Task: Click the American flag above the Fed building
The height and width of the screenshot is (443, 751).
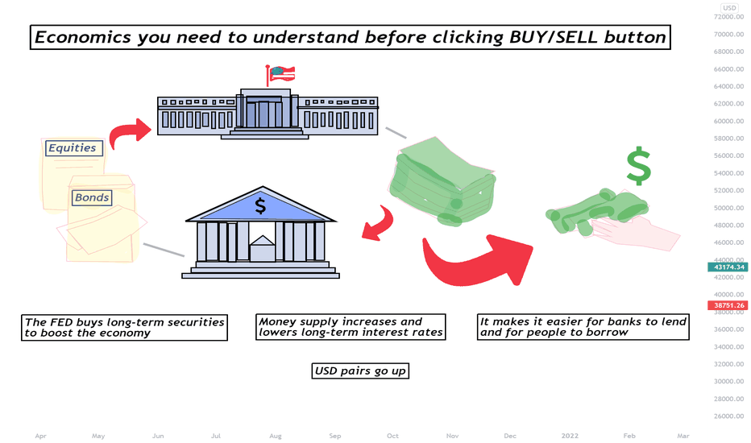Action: pos(281,74)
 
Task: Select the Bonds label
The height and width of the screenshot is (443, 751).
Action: pos(92,197)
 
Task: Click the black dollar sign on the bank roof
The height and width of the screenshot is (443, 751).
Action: pos(260,206)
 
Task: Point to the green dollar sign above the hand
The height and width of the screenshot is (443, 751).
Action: pos(639,166)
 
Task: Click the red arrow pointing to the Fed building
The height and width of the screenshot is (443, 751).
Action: pos(128,131)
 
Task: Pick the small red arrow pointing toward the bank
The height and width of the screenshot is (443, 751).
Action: pos(380,224)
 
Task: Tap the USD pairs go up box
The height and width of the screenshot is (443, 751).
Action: pos(360,371)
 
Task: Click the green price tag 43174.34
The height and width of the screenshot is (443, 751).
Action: pos(728,267)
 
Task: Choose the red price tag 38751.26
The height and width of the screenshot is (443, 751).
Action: pos(728,305)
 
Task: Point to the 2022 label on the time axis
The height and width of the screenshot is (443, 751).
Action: pos(570,436)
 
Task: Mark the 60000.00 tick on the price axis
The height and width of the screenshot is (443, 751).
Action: pos(729,121)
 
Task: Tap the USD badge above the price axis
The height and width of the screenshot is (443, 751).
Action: pos(729,8)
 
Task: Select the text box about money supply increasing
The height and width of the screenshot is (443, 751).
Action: pos(351,327)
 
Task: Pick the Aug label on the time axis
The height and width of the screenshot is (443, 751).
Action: pos(276,436)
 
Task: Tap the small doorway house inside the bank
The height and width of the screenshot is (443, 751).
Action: pos(263,248)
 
